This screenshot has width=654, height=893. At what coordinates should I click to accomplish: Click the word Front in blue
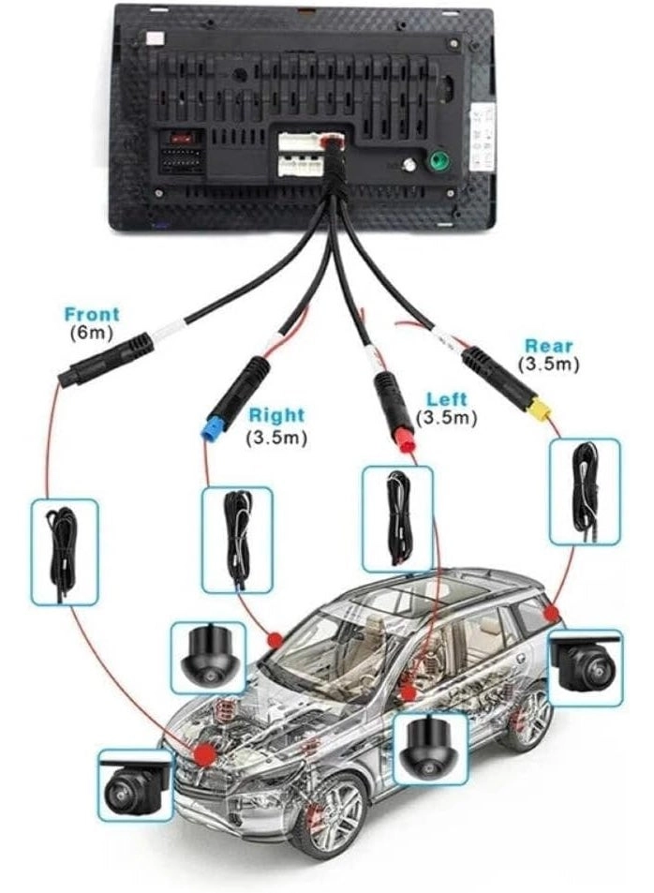[x=92, y=315]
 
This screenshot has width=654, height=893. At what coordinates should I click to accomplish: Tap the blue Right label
[x=276, y=415]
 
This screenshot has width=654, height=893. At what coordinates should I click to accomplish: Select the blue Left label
[x=446, y=400]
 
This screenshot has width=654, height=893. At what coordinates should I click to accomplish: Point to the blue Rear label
[x=550, y=347]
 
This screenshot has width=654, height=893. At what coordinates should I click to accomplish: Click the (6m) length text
[x=91, y=333]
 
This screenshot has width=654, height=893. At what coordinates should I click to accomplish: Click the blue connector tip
[x=212, y=430]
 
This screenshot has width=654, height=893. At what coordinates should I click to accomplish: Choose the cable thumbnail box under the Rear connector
[x=585, y=491]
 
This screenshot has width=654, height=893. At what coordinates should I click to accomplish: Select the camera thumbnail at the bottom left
[x=136, y=785]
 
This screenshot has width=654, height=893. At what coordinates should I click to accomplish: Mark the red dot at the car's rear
[x=551, y=613]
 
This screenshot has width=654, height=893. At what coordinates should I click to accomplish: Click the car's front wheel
[x=327, y=816]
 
